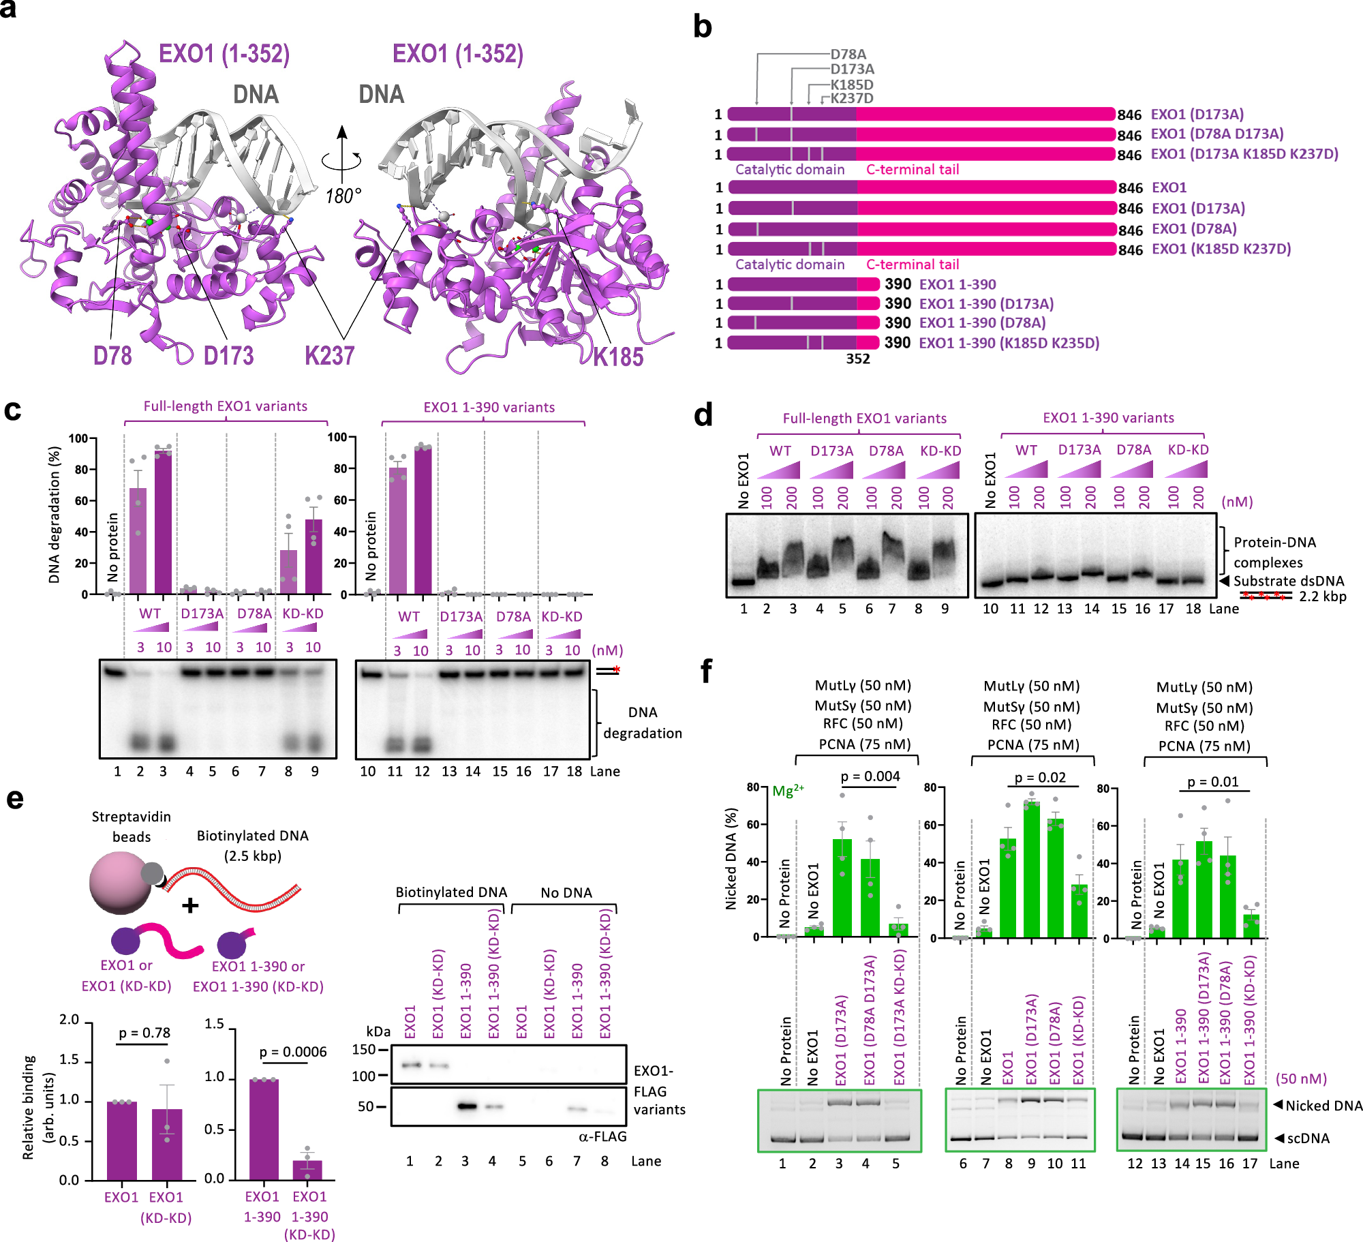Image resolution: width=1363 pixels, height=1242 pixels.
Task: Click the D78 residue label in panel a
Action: click(112, 356)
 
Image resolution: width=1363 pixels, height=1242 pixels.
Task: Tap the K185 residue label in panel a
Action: click(617, 357)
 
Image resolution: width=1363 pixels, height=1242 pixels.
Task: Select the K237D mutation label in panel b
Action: click(851, 98)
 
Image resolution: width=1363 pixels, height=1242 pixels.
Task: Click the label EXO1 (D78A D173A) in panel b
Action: click(1216, 134)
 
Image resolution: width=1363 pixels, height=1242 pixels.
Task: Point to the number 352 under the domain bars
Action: click(858, 359)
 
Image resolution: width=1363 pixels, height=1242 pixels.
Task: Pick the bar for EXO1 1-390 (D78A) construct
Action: click(803, 323)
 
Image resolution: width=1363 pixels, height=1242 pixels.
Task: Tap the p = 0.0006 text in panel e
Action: click(293, 1052)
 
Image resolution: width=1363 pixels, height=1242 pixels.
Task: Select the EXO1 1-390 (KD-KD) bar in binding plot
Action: click(307, 1170)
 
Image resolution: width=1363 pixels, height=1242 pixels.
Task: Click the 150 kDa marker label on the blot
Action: click(364, 1050)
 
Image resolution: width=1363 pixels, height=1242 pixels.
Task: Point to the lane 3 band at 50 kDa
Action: click(466, 1106)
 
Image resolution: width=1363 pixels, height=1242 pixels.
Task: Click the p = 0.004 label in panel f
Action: click(870, 776)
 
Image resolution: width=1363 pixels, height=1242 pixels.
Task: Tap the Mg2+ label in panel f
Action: click(788, 791)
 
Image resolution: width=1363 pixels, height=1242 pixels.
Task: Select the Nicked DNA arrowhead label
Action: click(1317, 1106)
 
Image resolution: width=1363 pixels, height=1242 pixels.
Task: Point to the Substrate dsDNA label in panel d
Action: click(1288, 581)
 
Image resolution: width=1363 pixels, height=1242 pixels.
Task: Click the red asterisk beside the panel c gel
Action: click(616, 670)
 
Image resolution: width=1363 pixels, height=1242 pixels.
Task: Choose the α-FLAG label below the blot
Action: click(602, 1136)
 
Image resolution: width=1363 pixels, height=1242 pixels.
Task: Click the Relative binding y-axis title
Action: click(37, 1107)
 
